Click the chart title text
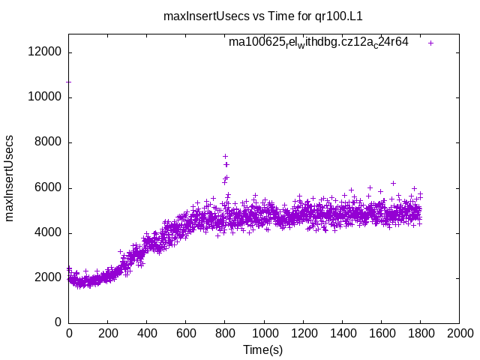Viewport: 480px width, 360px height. tap(258, 16)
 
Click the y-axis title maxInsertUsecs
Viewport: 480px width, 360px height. tap(10, 178)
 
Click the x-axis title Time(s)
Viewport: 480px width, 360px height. tap(262, 349)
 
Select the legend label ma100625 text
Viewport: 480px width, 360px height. tap(319, 43)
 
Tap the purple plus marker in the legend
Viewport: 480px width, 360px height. tap(430, 43)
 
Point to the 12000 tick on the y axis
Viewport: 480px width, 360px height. tap(46, 52)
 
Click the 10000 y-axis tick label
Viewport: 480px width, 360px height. tap(46, 97)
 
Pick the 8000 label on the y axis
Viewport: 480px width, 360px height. tap(49, 142)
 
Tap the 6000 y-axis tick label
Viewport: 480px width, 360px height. tap(49, 187)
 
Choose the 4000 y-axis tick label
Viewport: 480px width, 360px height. tap(49, 232)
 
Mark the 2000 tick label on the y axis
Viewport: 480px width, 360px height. tap(49, 277)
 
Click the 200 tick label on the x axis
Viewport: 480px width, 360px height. tap(108, 334)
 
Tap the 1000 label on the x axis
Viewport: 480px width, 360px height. tap(264, 334)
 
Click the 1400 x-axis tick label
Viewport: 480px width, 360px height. tap(342, 334)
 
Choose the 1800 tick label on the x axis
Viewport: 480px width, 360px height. tap(420, 334)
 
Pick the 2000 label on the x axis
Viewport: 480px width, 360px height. tap(459, 334)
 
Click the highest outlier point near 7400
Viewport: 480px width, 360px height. tap(225, 157)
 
